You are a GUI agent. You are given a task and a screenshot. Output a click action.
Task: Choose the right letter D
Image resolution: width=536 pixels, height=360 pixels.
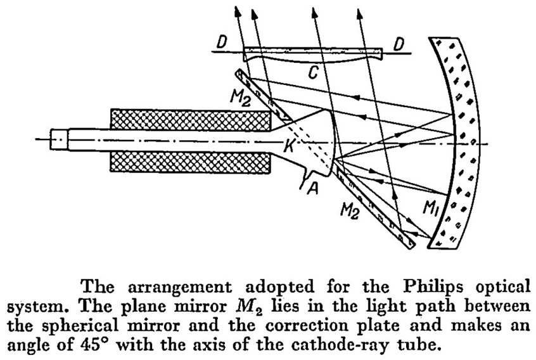[399, 44]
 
